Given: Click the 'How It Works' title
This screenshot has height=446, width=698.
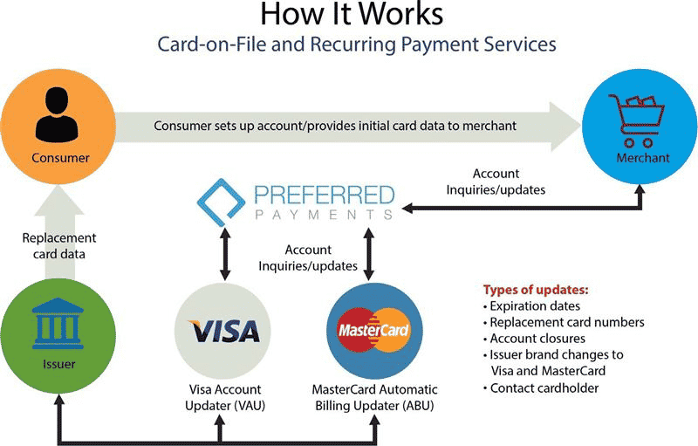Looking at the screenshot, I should tap(349, 16).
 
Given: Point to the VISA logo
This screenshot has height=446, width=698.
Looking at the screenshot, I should tap(224, 332).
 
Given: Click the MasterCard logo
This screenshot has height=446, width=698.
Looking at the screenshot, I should tap(373, 333).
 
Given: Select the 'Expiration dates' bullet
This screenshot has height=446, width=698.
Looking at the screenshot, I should tap(537, 305).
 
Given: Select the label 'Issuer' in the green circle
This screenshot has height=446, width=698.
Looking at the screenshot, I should tap(58, 364).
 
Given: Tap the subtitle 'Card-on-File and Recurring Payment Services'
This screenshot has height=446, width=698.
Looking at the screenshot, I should tap(349, 44).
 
